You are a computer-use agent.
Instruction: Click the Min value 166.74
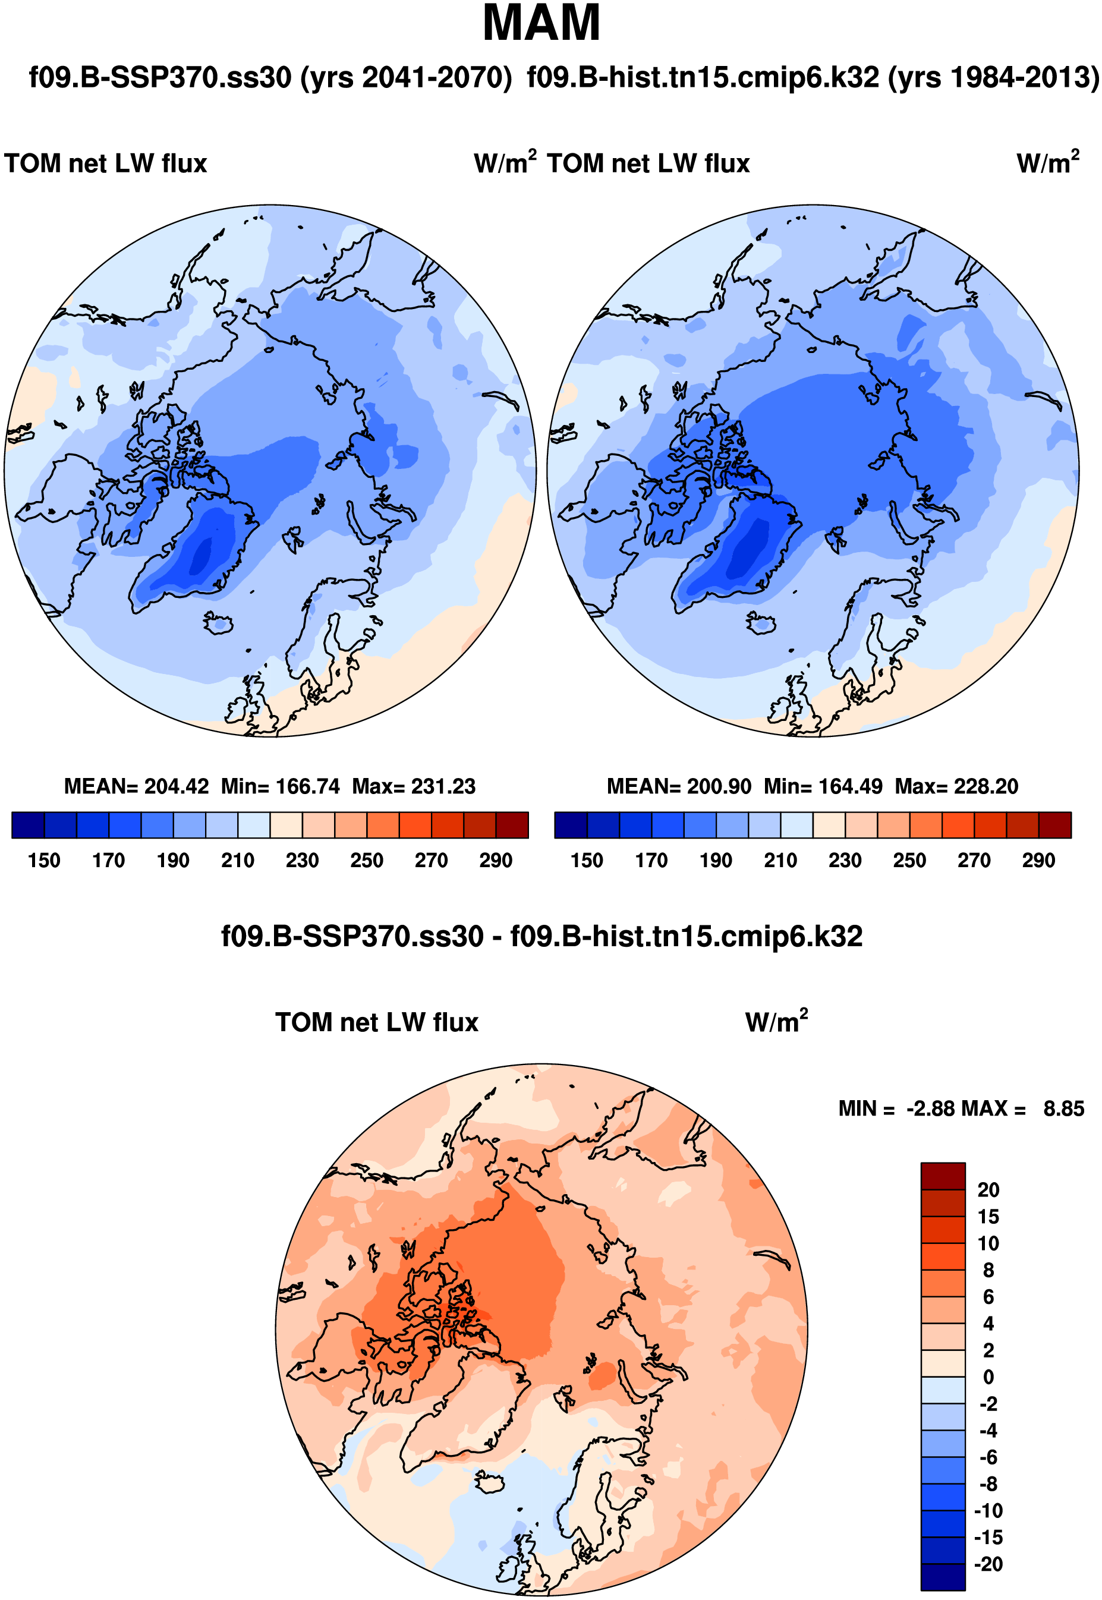pos(308,786)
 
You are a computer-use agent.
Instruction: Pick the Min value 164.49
pos(851,786)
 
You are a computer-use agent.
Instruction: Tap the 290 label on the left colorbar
pos(496,861)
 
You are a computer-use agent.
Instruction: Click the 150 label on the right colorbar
pos(587,861)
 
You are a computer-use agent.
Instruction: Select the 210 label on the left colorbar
pos(238,861)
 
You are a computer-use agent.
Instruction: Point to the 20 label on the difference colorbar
pos(988,1190)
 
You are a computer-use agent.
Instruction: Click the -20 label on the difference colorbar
pos(988,1564)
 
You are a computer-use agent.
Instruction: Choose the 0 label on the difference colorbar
pos(988,1377)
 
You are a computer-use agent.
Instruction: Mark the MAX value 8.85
pos(1063,1108)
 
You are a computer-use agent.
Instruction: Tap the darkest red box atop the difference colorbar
pos(943,1176)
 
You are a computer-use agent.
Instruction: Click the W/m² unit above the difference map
pos(776,1022)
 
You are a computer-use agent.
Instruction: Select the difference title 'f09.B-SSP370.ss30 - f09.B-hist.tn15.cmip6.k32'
pos(541,937)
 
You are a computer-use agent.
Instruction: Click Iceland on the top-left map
pos(219,623)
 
